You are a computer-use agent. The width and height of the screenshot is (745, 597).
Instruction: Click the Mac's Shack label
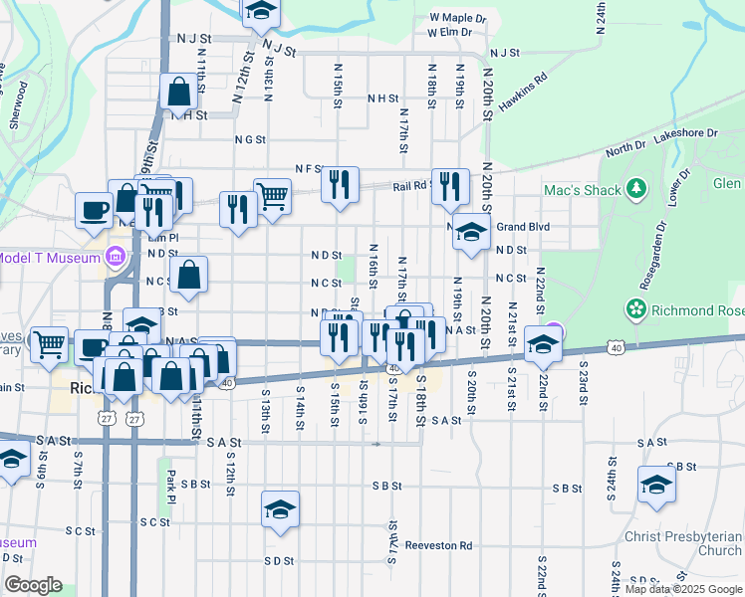[582, 190]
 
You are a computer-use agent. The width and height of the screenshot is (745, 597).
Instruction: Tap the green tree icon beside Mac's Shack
[635, 189]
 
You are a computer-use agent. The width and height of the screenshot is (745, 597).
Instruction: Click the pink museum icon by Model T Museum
[117, 259]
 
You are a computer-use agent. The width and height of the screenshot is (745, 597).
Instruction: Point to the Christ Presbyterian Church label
[682, 543]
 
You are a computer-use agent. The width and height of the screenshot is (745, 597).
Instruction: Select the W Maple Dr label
[457, 18]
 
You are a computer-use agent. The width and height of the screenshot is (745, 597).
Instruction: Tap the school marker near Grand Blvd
[472, 232]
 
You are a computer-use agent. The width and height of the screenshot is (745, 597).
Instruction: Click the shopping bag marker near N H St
[179, 92]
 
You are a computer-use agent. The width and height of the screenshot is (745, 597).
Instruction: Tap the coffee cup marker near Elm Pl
[95, 209]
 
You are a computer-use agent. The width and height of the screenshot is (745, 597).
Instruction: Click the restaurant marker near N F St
[341, 183]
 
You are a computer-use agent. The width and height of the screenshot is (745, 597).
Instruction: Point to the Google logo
[33, 585]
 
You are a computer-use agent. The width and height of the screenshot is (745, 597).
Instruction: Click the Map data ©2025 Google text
[683, 589]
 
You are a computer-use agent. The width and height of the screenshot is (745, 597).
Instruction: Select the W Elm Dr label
[448, 33]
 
